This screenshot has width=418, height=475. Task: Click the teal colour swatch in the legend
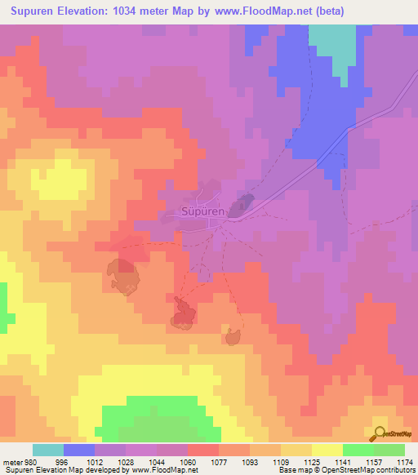coord(48,450)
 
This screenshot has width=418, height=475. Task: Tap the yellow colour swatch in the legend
coord(327,450)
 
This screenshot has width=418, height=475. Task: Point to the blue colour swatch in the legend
coord(79,450)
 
